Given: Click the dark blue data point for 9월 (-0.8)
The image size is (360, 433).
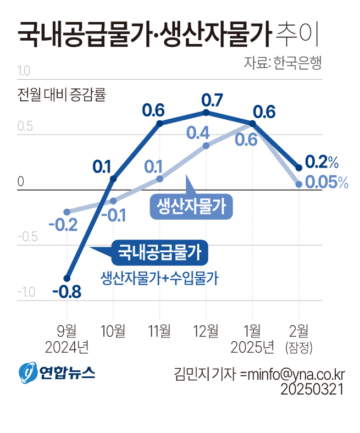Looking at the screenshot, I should point(67,278).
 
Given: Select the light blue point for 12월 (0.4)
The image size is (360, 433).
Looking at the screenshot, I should point(206,146).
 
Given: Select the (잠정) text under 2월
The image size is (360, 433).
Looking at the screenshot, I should point(298,347).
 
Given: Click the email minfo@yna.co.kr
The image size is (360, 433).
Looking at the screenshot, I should point(292,374).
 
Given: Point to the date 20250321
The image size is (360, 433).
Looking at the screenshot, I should point(312,390).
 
